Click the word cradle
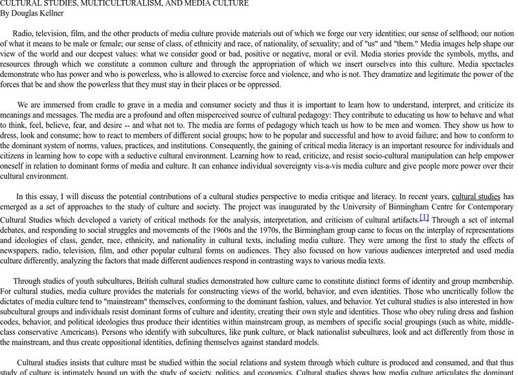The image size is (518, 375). [x=104, y=105]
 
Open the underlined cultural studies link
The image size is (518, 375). [x=475, y=196]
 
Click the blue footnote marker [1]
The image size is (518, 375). [x=424, y=217]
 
